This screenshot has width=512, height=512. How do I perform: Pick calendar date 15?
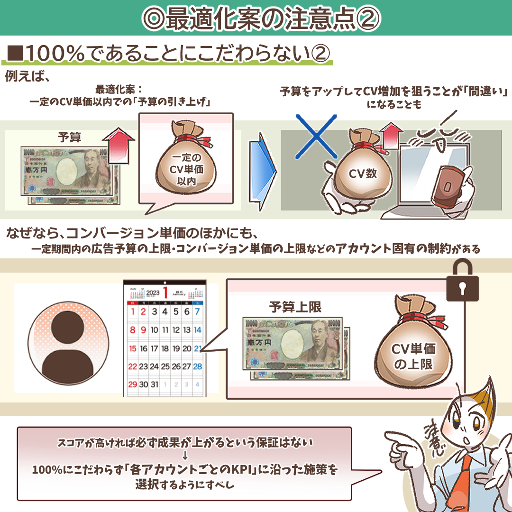(133, 348)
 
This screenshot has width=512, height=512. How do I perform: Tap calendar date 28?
(198, 366)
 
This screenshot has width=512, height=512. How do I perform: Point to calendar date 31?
(154, 384)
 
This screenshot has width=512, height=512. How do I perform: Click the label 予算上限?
(295, 307)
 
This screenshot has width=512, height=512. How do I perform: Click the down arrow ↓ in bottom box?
(185, 457)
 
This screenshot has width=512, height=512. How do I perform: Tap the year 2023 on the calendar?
(153, 293)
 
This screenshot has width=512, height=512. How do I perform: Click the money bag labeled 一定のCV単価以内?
(186, 168)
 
